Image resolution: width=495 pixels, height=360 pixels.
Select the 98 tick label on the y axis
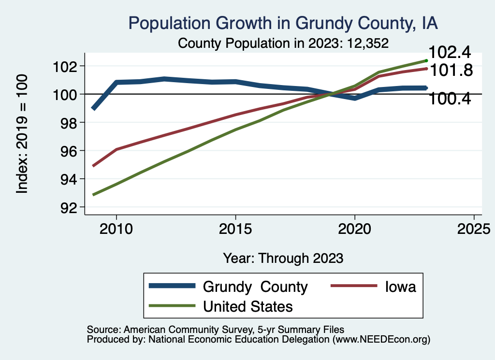[67, 122]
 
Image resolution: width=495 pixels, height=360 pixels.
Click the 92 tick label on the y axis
[67, 207]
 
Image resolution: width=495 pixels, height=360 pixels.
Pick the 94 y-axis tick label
[67, 179]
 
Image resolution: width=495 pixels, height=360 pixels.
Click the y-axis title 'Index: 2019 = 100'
[23, 134]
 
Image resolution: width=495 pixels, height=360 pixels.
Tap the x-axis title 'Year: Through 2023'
[283, 258]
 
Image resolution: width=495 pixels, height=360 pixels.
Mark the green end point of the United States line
[426, 60]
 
